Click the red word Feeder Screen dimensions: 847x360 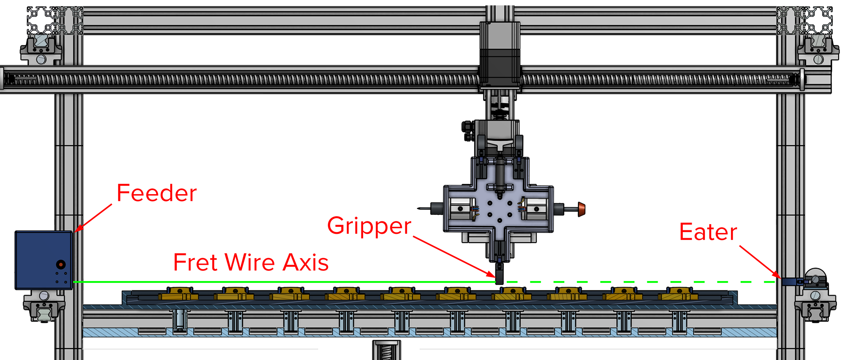click(x=157, y=193)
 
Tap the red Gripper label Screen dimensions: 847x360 click(x=369, y=226)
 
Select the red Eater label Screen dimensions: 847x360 click(x=708, y=232)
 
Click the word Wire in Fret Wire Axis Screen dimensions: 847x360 click(x=250, y=262)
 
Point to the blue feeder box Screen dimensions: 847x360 click(x=44, y=260)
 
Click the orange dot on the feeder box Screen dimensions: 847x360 click(x=61, y=264)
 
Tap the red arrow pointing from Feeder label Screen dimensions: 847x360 click(x=94, y=217)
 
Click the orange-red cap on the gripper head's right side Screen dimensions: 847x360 click(x=581, y=209)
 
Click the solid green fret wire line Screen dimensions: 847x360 click(x=282, y=281)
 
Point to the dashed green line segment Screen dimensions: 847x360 click(x=640, y=281)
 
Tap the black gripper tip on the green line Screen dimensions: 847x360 click(x=499, y=276)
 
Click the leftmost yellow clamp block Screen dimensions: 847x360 click(x=180, y=294)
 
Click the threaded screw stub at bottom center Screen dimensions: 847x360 click(x=386, y=351)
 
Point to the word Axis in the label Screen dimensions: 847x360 click(x=305, y=262)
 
